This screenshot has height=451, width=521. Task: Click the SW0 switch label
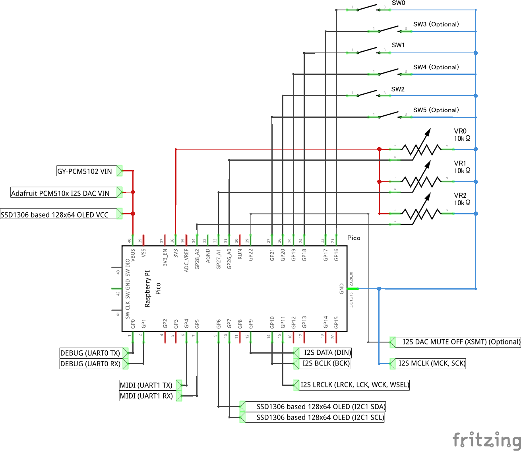[x=398, y=3]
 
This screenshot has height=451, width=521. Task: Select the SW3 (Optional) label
[x=436, y=24]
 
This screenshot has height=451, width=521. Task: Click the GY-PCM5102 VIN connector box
[x=85, y=171]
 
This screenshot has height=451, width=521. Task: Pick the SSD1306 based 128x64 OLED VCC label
[x=55, y=215]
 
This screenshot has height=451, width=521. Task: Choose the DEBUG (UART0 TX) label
[x=90, y=353]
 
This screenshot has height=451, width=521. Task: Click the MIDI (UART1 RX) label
[x=146, y=396]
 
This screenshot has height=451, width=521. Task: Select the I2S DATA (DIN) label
[x=327, y=352]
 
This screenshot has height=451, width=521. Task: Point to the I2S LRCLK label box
[x=354, y=385]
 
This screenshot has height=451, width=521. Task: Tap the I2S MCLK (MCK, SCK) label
[x=432, y=363]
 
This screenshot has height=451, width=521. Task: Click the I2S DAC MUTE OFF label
[x=461, y=342]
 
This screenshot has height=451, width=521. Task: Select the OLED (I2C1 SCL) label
[x=320, y=418]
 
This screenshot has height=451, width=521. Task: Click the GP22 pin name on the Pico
[x=251, y=255]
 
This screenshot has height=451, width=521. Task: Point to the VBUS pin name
[x=133, y=255]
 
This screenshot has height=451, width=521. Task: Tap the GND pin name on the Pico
[x=342, y=289]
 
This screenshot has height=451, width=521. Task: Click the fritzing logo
[x=486, y=440]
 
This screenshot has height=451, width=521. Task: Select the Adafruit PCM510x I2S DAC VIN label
[x=60, y=193]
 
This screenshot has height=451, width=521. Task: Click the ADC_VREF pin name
[x=186, y=260]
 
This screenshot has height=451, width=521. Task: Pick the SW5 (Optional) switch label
[x=436, y=110]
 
